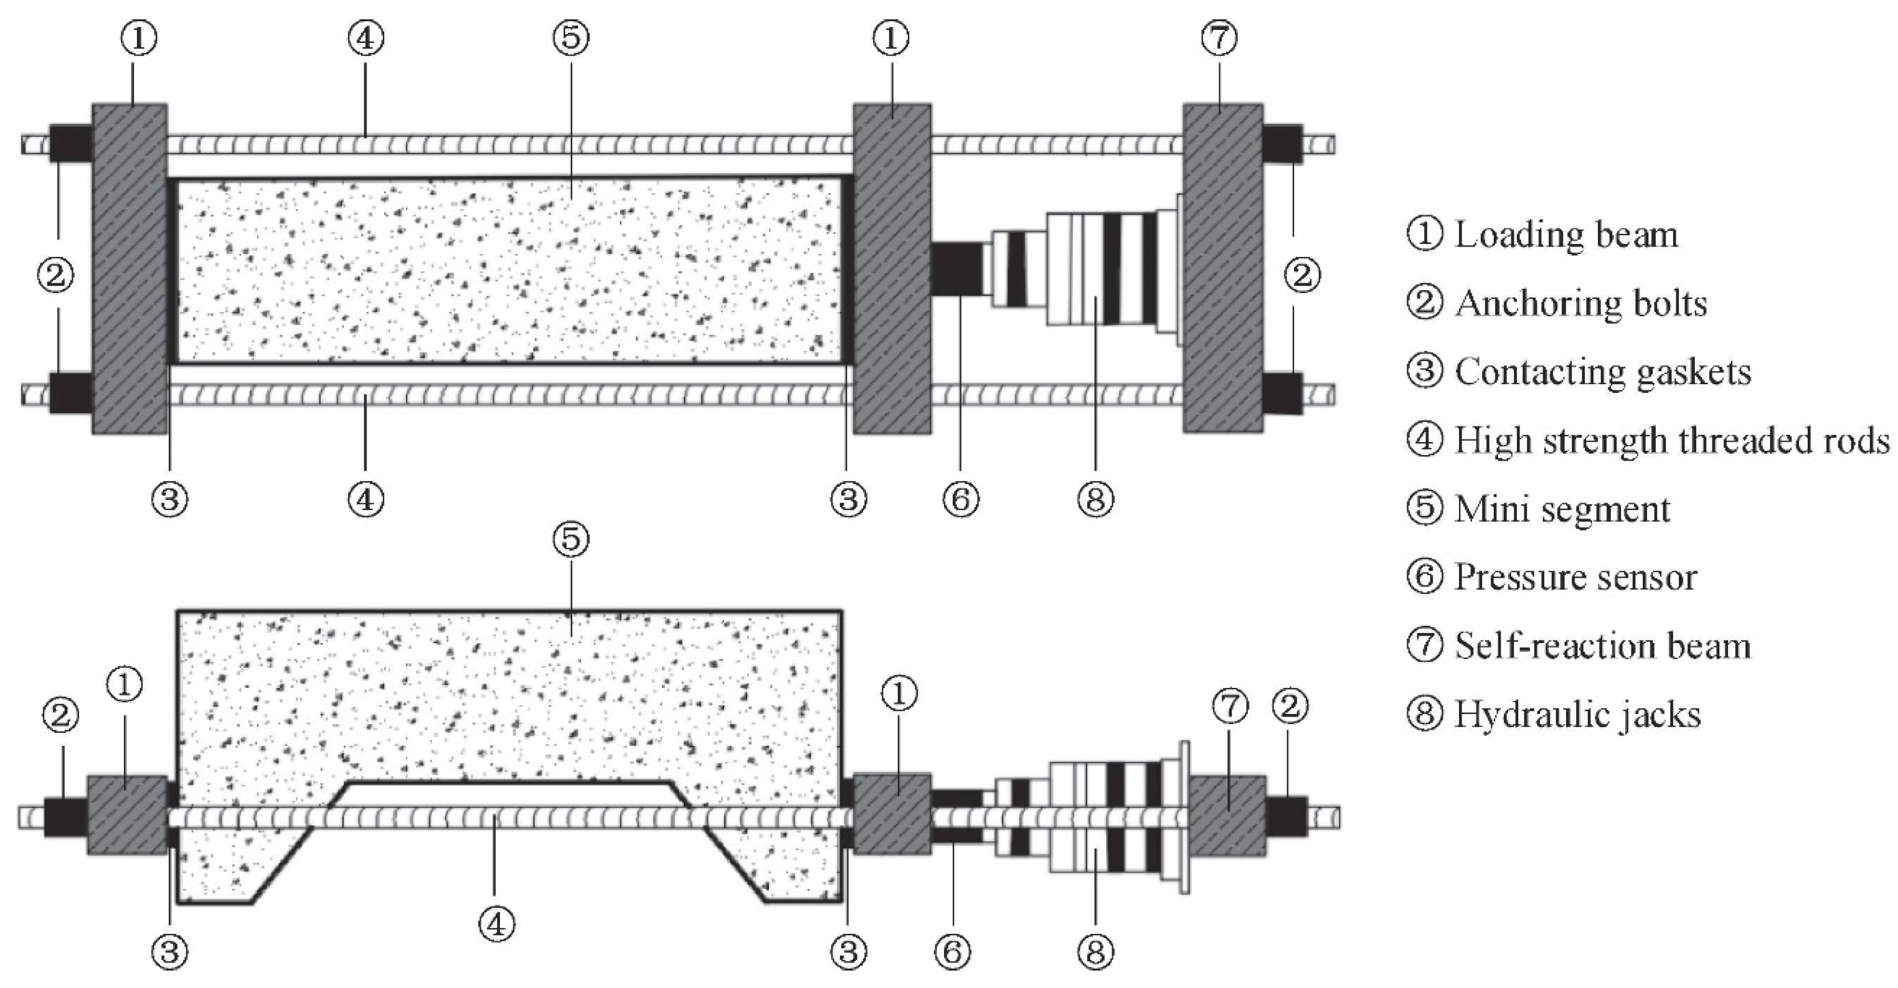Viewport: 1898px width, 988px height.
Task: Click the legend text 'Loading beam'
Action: click(x=1565, y=235)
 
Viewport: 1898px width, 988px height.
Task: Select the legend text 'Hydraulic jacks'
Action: click(x=1577, y=715)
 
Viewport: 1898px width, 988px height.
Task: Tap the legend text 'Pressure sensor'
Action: click(x=1575, y=578)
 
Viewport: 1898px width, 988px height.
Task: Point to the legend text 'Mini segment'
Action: click(x=1562, y=509)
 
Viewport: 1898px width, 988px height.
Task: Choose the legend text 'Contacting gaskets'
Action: click(x=1603, y=372)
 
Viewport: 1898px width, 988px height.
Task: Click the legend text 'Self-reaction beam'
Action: click(x=1603, y=646)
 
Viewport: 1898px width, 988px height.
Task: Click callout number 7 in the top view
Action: click(x=1219, y=37)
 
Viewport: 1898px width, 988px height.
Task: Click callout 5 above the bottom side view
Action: click(x=571, y=539)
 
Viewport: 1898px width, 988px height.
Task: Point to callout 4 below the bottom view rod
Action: click(x=496, y=923)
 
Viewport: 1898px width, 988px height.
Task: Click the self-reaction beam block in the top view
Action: click(x=1222, y=268)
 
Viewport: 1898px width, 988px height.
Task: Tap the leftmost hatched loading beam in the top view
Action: click(x=130, y=268)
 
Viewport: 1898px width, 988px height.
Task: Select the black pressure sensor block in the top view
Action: click(x=956, y=270)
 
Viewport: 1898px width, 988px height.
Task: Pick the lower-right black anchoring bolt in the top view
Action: click(x=1282, y=393)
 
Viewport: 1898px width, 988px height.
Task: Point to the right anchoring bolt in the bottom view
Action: click(x=1287, y=816)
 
